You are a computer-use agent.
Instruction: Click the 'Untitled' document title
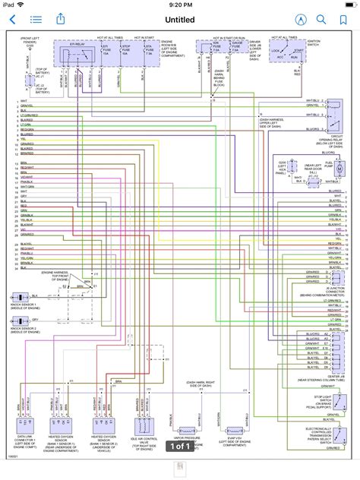[179, 19]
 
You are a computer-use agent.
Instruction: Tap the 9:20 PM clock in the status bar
[180, 5]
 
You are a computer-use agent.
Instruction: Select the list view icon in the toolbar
[35, 19]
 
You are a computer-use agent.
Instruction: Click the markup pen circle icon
[302, 19]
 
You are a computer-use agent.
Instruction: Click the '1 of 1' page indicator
[179, 447]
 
